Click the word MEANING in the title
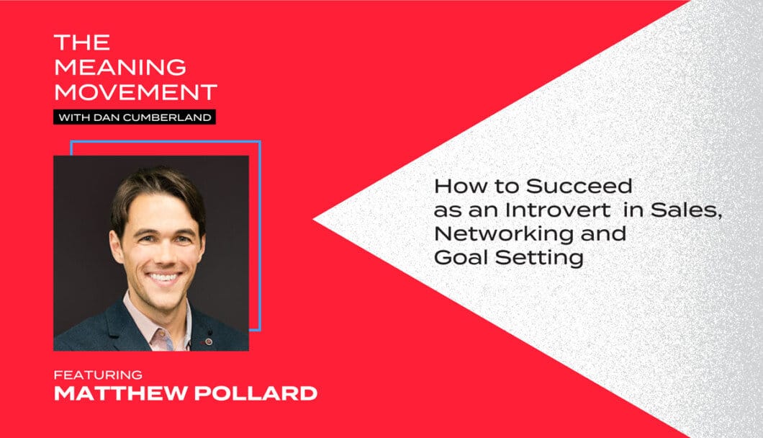coord(120,67)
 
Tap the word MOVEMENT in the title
coord(136,92)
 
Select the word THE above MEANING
coord(82,43)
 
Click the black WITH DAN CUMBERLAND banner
coord(135,117)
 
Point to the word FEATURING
coord(99,375)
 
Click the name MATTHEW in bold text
coord(121,393)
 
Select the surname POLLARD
coord(256,393)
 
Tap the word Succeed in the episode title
coord(579,186)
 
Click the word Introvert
coord(558,210)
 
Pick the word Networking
coord(504,234)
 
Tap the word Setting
coord(539,258)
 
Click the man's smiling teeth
coord(163,277)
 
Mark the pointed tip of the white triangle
coord(313,219)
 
